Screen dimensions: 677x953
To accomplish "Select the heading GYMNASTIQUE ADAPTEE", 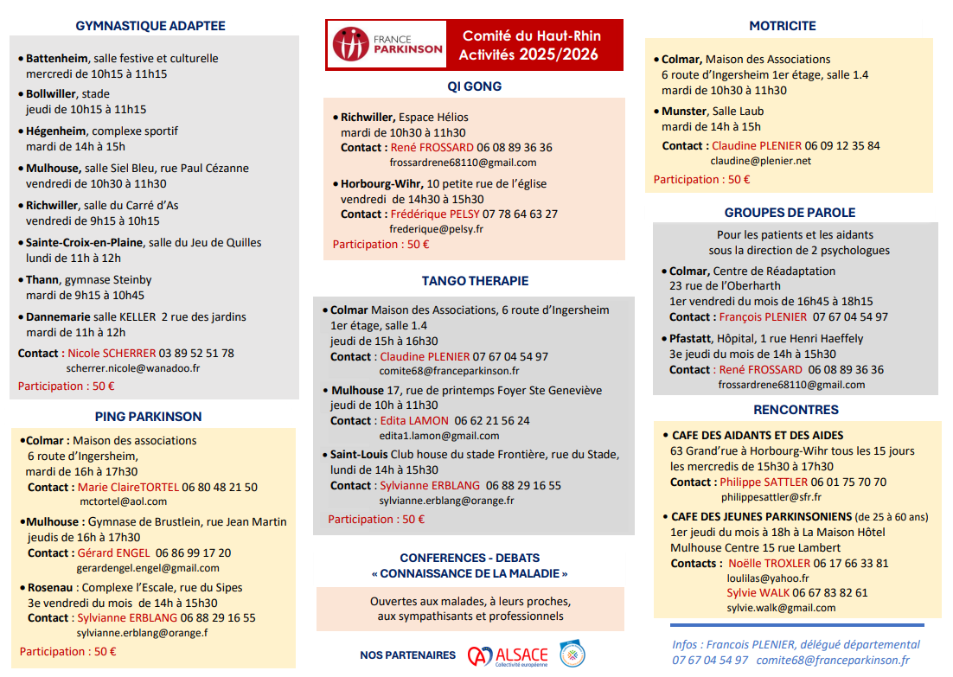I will click(x=150, y=26).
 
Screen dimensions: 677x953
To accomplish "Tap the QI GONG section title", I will click(x=474, y=86).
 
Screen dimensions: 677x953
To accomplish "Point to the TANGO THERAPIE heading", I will click(x=475, y=281).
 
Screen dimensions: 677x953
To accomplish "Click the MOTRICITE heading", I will click(x=783, y=26).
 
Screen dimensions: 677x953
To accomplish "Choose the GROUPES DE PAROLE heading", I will click(x=790, y=213).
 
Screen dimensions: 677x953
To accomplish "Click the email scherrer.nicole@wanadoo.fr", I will click(x=133, y=367).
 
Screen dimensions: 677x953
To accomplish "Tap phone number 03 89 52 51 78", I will click(x=196, y=353).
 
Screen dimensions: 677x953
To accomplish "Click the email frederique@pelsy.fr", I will click(x=437, y=229).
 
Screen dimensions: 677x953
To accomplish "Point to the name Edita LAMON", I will click(x=412, y=420).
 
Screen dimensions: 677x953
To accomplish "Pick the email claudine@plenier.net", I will click(x=761, y=161).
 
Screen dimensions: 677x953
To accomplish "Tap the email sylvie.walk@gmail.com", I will click(x=781, y=608).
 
